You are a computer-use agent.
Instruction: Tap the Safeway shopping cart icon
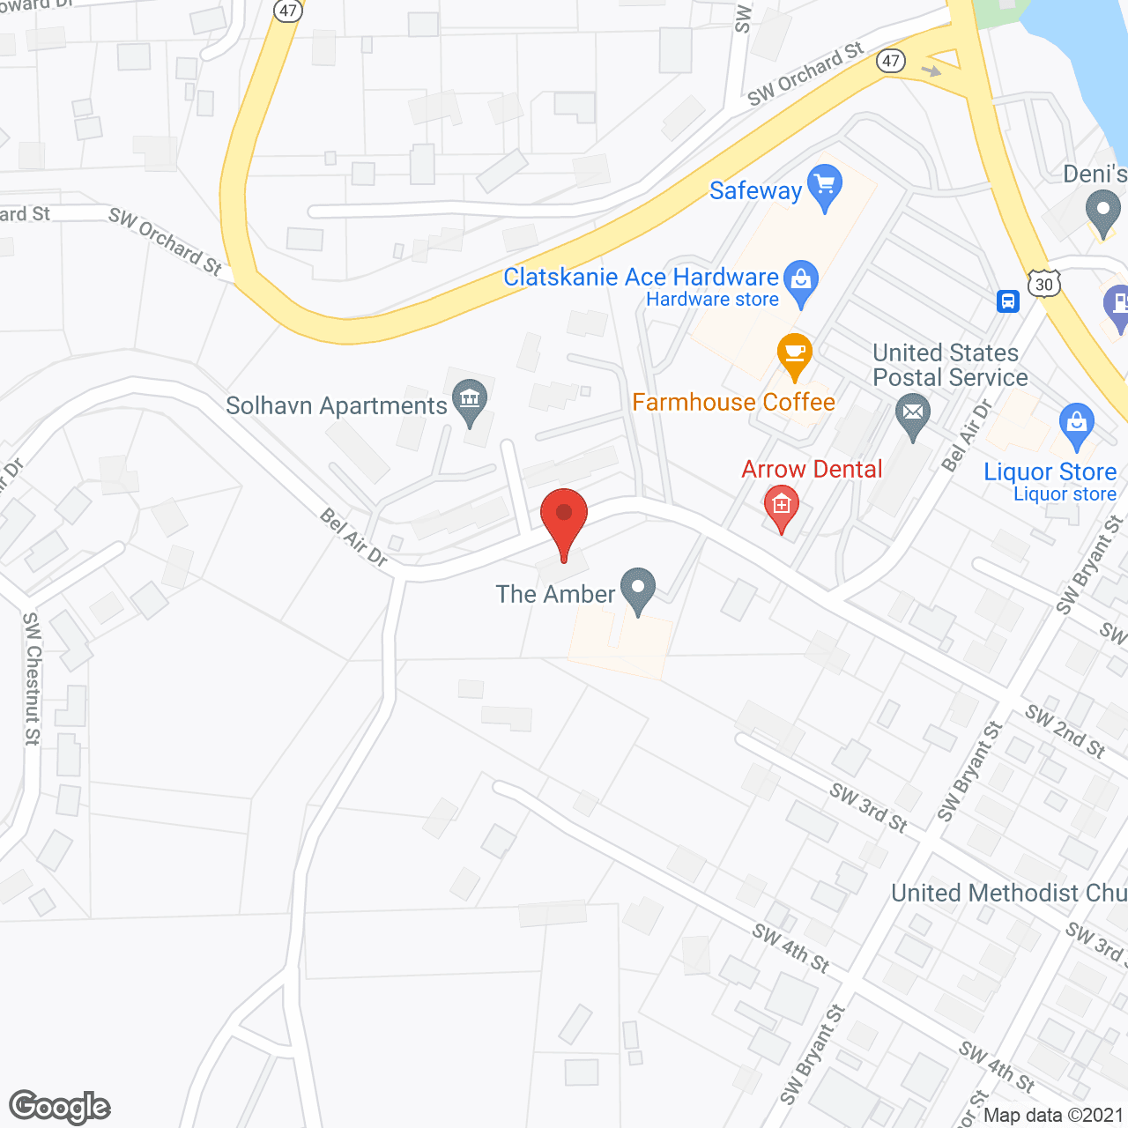coord(825,186)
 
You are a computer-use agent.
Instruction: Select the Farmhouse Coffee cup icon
coord(795,354)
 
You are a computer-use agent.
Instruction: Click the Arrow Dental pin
coord(781,507)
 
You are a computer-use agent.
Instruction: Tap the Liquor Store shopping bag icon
coord(1076,424)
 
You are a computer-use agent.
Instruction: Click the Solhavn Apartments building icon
coord(469,400)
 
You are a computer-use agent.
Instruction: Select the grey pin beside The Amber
coord(638,588)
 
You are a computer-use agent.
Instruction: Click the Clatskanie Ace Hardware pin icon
coord(801,281)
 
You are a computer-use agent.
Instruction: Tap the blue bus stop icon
coord(1008,301)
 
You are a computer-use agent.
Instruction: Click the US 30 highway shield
coord(1044,284)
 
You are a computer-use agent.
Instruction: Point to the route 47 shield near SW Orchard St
coord(891,60)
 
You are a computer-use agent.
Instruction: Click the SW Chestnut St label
coord(33,679)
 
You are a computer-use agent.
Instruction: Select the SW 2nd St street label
coord(1065,731)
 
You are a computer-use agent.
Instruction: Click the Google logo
coord(60,1107)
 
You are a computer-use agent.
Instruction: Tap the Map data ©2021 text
coord(1053,1115)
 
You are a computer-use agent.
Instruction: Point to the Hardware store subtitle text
coord(712,300)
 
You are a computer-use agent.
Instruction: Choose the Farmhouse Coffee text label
coord(733,403)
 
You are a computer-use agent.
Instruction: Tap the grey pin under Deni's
coord(1102,214)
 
